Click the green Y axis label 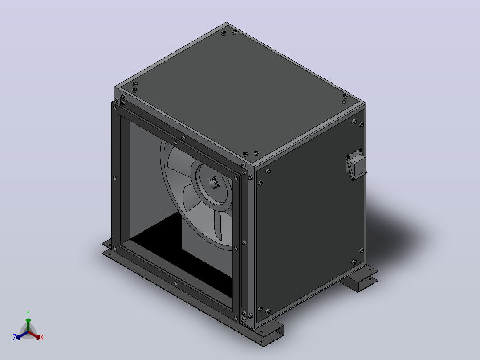28,313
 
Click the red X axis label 42,337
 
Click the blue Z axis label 15,337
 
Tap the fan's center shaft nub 212,183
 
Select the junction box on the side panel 356,165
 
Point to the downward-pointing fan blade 218,225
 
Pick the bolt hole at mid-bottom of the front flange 175,283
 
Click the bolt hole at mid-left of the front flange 115,178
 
